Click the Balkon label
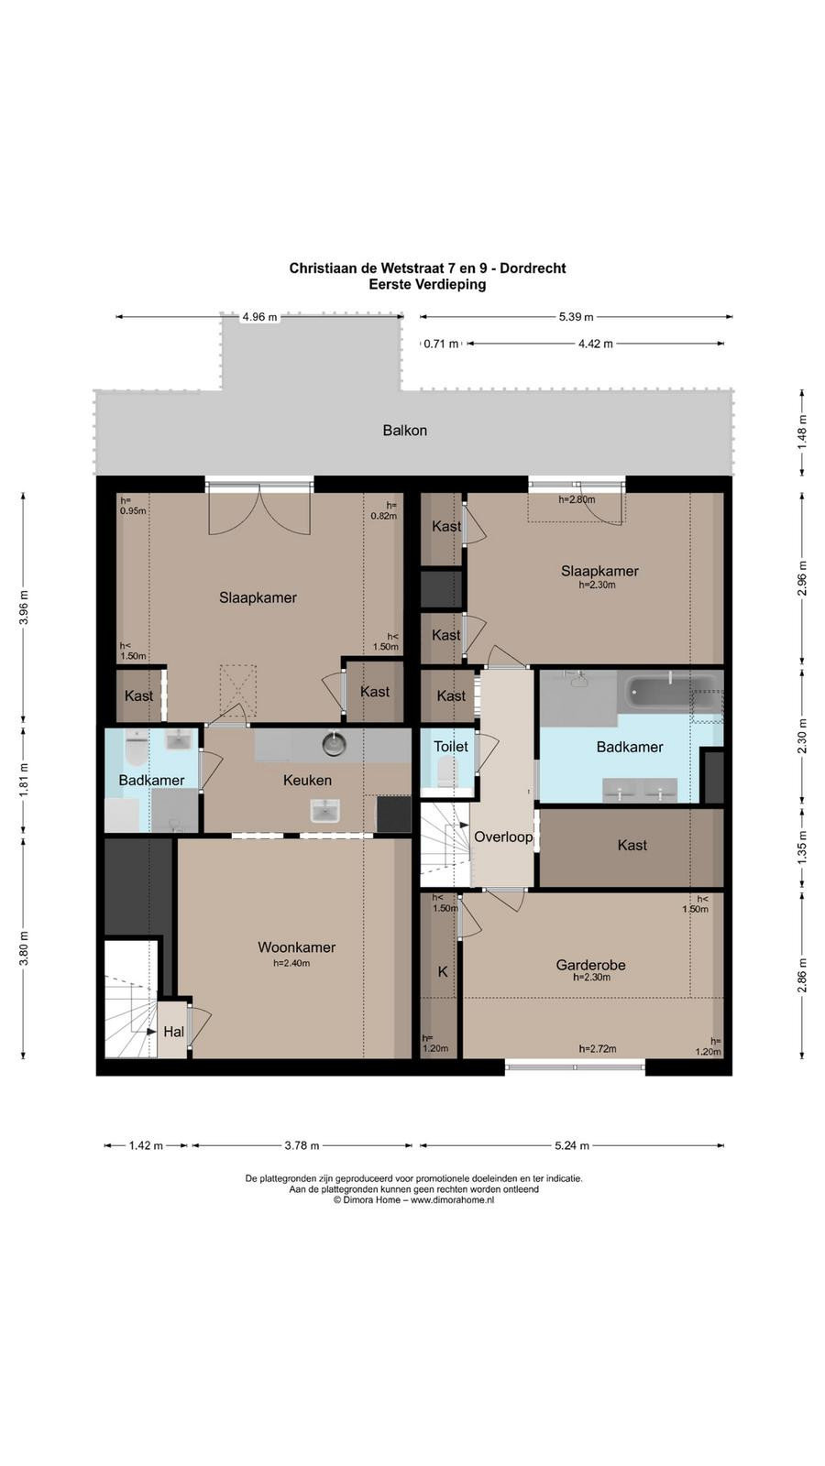(x=404, y=431)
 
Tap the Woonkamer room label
(x=297, y=947)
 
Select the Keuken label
(x=307, y=780)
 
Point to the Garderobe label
(x=590, y=965)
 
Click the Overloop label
(x=503, y=837)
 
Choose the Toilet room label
(x=450, y=746)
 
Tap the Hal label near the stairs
(x=173, y=1032)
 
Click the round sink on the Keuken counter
(x=334, y=743)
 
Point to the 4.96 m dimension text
(x=260, y=317)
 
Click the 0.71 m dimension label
(x=441, y=344)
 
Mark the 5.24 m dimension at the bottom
(x=572, y=1145)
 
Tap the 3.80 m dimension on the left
(x=24, y=948)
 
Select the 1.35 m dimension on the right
(x=801, y=848)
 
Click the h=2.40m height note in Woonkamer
(x=291, y=963)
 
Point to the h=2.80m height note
(x=577, y=499)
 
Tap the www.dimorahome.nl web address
(x=453, y=1199)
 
